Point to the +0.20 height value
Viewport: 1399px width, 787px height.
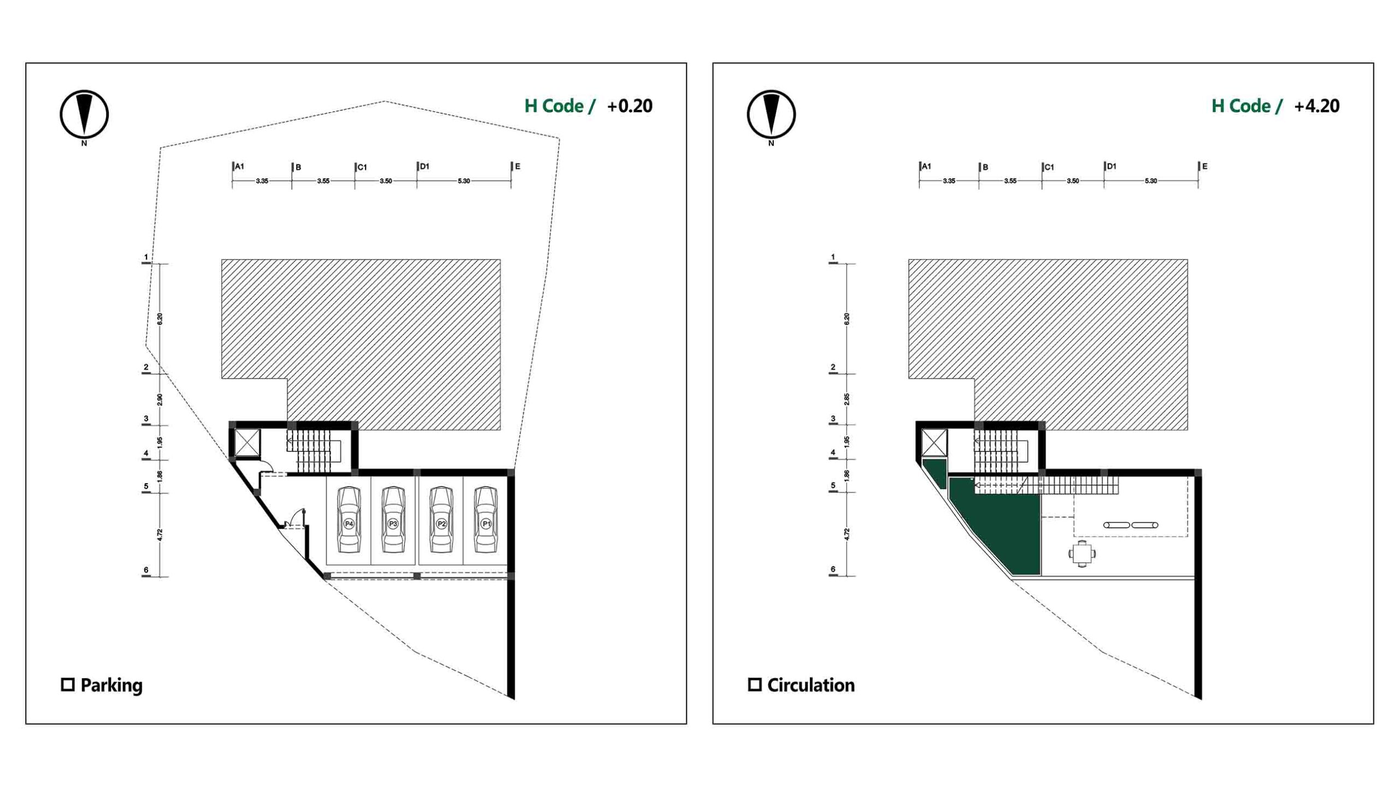click(630, 106)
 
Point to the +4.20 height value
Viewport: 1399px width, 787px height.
click(1316, 106)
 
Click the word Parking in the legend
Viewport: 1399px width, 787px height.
click(111, 686)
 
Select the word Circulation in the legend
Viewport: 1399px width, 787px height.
click(811, 685)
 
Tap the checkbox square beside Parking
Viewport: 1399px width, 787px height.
click(68, 684)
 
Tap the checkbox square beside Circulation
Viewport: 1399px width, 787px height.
click(755, 684)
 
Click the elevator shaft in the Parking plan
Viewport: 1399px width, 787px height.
click(247, 442)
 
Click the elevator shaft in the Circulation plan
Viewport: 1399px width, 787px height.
click(934, 442)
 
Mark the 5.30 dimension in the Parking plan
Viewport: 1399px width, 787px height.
click(463, 181)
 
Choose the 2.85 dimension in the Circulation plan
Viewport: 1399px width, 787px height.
click(847, 399)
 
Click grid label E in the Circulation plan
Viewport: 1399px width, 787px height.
click(1204, 166)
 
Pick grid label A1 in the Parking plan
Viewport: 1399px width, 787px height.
click(240, 166)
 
